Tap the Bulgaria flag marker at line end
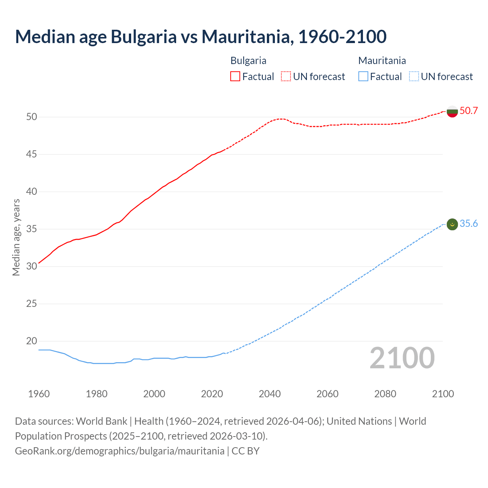click(x=452, y=111)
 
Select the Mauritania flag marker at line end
click(x=452, y=225)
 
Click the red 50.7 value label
click(x=469, y=111)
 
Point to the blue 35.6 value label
click(x=469, y=224)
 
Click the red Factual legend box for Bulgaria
click(x=235, y=77)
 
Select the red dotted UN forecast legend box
click(x=286, y=77)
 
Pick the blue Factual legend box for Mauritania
click(x=363, y=77)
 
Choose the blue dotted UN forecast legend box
click(x=414, y=77)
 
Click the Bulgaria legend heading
click(x=248, y=61)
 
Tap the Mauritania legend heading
click(x=382, y=61)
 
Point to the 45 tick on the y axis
click(x=32, y=154)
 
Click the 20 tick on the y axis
click(x=32, y=341)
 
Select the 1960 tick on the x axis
click(x=39, y=394)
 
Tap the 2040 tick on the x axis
click(x=270, y=394)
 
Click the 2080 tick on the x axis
click(x=385, y=394)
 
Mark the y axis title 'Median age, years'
click(x=16, y=237)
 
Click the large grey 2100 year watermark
click(x=402, y=358)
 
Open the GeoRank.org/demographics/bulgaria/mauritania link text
click(x=119, y=451)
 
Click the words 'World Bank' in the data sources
click(x=101, y=421)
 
